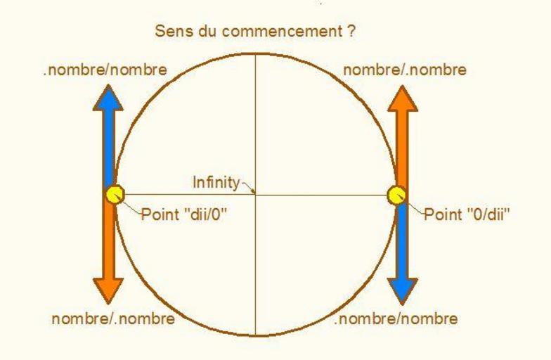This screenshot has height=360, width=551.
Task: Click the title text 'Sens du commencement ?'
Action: tap(255, 32)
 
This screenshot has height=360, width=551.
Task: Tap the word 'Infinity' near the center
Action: tap(216, 183)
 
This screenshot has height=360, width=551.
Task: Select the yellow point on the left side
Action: tap(114, 194)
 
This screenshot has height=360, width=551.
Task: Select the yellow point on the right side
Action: tap(397, 195)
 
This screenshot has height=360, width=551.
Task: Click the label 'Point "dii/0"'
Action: tap(186, 214)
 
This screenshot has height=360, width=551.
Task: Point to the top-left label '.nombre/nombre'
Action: tap(105, 70)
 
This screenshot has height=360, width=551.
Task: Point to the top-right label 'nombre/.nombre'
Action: tap(405, 70)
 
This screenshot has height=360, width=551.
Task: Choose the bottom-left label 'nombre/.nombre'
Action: tap(112, 319)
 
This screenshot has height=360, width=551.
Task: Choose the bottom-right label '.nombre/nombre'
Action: tap(396, 319)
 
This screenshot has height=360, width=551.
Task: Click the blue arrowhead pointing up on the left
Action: tap(108, 98)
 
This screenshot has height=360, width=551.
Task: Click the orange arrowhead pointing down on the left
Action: tap(108, 289)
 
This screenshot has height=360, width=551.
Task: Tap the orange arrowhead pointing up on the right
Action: tap(403, 98)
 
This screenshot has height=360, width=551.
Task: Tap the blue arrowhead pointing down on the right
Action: tap(403, 289)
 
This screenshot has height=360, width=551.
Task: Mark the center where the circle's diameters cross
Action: tap(255, 194)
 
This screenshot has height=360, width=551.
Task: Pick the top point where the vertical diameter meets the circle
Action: tap(255, 53)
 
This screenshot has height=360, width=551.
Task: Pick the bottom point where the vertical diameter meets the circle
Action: tap(255, 335)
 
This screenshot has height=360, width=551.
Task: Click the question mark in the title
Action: tap(351, 32)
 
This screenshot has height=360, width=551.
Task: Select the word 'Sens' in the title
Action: tap(171, 32)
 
